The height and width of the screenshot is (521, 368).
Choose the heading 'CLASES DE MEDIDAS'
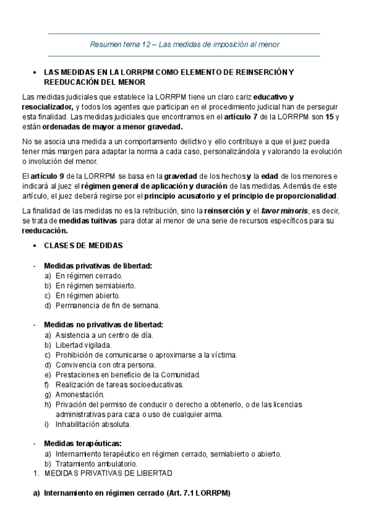(x=83, y=246)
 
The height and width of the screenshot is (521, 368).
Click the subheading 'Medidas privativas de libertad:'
(x=98, y=265)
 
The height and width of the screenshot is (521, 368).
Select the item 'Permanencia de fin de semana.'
(x=108, y=305)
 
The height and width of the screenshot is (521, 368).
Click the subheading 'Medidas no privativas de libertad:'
(x=103, y=324)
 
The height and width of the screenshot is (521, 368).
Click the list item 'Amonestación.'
(x=80, y=394)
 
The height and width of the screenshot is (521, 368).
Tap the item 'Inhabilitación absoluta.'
(x=93, y=424)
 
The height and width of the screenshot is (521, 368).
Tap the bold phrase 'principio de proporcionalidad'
(x=288, y=196)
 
